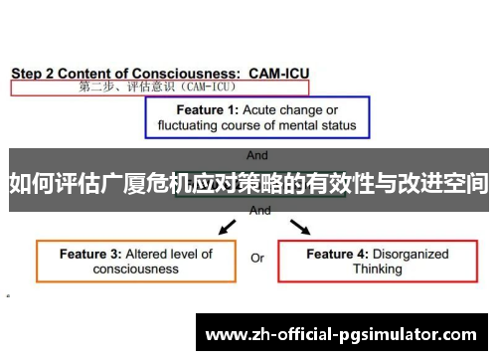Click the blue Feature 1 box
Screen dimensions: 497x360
pyautogui.click(x=257, y=117)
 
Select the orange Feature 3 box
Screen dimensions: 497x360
pyautogui.click(x=136, y=261)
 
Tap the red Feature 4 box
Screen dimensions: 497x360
pyautogui.click(x=378, y=261)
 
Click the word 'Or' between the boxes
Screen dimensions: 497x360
pyautogui.click(x=256, y=259)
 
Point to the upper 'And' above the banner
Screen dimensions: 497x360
pyautogui.click(x=256, y=155)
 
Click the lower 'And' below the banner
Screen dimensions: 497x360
pyautogui.click(x=260, y=211)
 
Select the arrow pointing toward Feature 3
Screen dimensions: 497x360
pyautogui.click(x=227, y=228)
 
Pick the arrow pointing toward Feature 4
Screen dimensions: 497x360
pyautogui.click(x=299, y=228)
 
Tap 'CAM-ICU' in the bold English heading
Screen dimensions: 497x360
pyautogui.click(x=279, y=73)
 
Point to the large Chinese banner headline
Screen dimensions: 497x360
pyautogui.click(x=248, y=183)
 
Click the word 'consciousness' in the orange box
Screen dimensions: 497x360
pyautogui.click(x=136, y=269)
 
